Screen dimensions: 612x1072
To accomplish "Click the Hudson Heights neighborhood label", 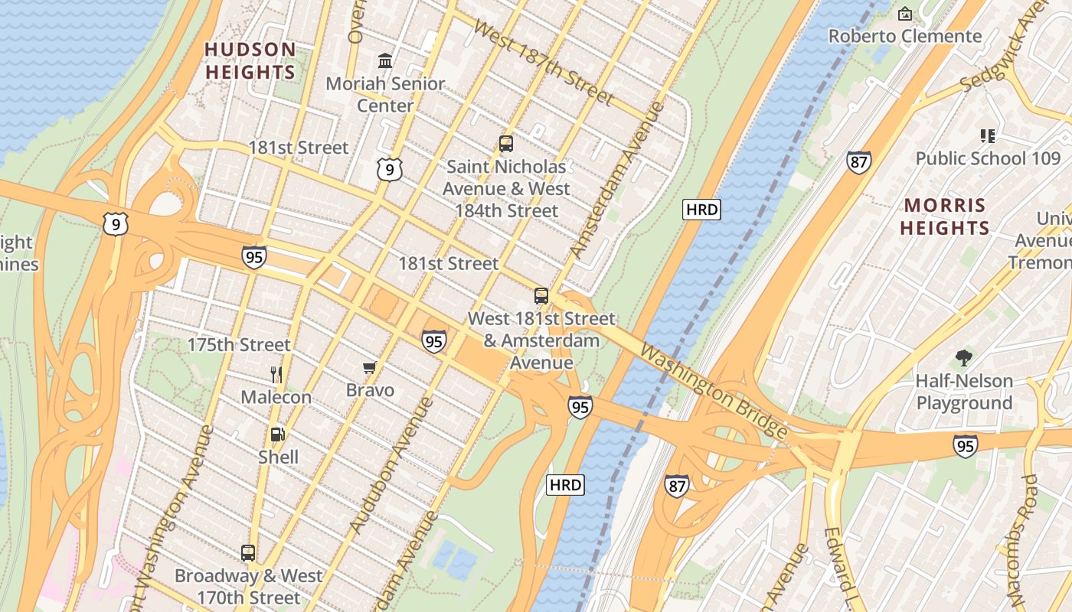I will (x=250, y=61).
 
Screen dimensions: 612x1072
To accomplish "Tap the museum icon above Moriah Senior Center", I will (x=385, y=60).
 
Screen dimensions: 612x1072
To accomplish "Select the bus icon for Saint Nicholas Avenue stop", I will (x=505, y=143).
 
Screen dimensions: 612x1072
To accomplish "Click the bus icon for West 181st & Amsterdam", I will (x=541, y=296).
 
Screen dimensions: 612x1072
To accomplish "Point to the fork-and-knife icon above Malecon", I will (x=276, y=375).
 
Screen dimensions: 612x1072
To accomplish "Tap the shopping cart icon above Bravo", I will (x=370, y=368).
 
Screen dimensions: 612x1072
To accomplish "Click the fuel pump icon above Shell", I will (x=278, y=435).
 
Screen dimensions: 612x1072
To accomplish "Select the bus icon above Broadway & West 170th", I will (x=248, y=553).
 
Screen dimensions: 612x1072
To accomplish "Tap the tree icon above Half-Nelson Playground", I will (x=964, y=357).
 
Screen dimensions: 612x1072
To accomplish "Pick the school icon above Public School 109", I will (x=988, y=136).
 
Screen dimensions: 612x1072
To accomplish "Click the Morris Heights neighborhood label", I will (x=945, y=216).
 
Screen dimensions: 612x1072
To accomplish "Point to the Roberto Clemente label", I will (x=905, y=36).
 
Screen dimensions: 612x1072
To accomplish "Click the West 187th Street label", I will (x=543, y=62).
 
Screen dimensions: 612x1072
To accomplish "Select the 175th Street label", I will (x=239, y=345).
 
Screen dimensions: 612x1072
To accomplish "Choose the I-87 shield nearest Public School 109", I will (x=858, y=162).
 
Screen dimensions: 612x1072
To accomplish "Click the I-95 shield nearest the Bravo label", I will (x=433, y=341).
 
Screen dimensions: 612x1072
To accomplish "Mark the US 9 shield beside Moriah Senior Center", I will (x=389, y=169).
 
